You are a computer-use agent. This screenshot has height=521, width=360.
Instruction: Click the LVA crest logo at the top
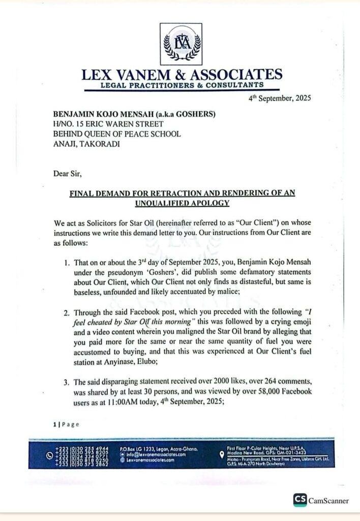click(181, 43)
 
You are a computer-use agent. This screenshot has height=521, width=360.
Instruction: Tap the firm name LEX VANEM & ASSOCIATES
click(182, 75)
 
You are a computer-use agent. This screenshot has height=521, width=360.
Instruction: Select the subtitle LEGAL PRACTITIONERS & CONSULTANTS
click(181, 85)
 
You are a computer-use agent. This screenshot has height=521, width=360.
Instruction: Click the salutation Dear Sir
click(67, 173)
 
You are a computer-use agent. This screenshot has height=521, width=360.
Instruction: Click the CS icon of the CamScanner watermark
click(300, 500)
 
